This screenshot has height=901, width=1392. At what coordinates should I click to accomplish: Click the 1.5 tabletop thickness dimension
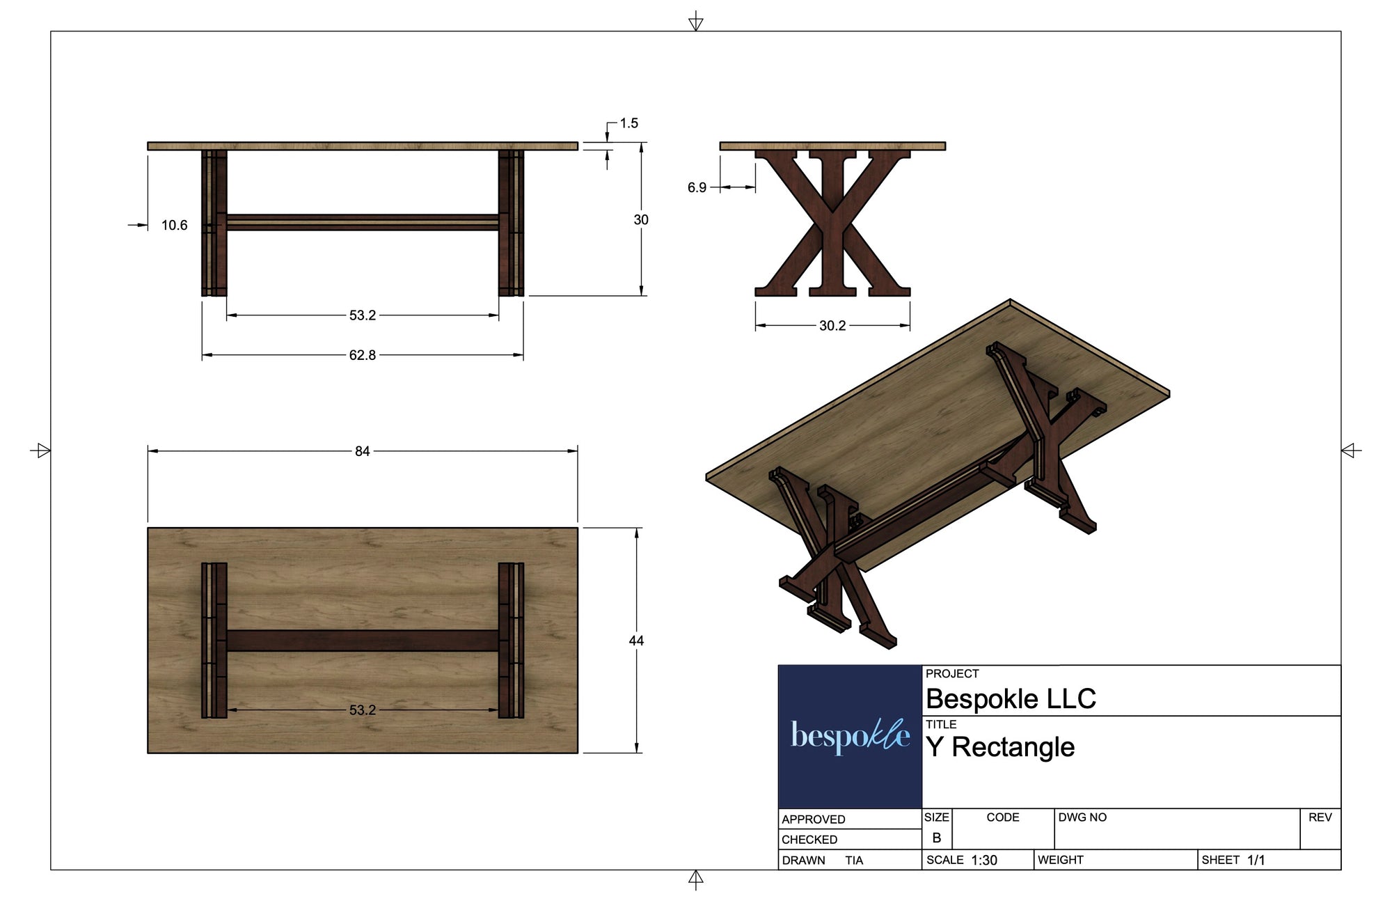pos(628,123)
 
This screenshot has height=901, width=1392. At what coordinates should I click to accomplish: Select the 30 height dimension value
pos(640,220)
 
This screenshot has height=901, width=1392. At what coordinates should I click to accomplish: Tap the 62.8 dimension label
pos(362,355)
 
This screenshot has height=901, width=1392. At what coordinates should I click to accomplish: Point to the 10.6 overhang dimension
pos(174,226)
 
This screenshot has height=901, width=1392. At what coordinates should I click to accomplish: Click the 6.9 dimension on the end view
pos(697,187)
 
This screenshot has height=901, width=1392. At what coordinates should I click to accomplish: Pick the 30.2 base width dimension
pos(832,326)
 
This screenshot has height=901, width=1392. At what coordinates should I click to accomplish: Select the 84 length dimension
pos(362,451)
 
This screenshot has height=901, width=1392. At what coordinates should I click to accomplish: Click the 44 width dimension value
pos(636,641)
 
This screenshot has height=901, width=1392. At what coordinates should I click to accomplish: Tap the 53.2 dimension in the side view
pos(362,315)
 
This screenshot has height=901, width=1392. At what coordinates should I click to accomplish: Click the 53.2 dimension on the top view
pos(362,710)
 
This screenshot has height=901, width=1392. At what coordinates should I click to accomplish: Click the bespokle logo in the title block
pos(850,736)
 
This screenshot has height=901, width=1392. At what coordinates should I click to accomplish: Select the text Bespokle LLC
pos(1011,699)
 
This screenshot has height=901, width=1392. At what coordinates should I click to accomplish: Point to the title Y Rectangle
pos(1000,747)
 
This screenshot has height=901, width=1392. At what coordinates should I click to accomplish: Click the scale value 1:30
pos(984,861)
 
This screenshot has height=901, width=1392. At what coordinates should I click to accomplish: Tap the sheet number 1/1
pos(1256,861)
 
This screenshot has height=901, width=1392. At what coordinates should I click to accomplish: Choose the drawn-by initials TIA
pos(854,861)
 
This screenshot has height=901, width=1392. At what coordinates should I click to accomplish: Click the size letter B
pos(937,838)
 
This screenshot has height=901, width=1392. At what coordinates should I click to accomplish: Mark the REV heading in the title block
pos(1320,817)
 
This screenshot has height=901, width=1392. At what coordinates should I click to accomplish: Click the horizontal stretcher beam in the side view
pos(362,222)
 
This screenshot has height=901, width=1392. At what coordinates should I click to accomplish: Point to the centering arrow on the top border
pos(695,22)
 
